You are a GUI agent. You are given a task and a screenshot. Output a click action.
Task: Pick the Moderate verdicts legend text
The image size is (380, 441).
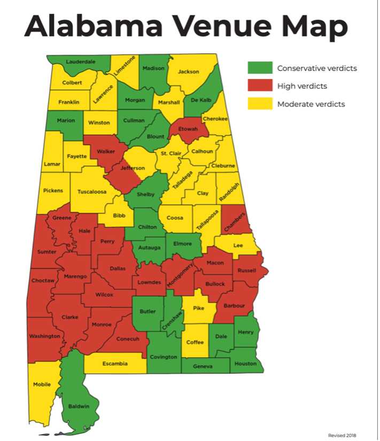(x=311, y=104)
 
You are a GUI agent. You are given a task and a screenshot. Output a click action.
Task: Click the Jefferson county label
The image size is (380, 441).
(x=133, y=168)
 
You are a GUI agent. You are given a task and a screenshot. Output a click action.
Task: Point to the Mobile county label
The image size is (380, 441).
(x=42, y=384)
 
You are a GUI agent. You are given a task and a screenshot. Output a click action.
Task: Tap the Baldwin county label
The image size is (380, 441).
(x=79, y=406)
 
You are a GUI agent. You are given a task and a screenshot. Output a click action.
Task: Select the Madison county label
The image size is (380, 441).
(x=153, y=68)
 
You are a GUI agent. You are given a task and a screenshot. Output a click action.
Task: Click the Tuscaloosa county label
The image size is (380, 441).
(x=91, y=191)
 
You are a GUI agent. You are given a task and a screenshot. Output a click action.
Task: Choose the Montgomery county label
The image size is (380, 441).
(x=180, y=273)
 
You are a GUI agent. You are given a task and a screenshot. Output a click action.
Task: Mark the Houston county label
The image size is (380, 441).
(x=246, y=363)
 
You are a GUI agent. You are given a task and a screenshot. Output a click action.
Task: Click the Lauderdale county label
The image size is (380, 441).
(x=80, y=61)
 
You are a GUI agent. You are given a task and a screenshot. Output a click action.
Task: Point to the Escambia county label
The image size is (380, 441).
(x=114, y=363)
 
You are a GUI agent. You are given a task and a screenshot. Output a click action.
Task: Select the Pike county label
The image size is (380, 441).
(x=198, y=308)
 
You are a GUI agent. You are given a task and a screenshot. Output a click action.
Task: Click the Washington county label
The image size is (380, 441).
(x=45, y=336)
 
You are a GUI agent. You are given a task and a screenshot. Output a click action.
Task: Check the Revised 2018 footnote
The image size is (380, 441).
(x=343, y=435)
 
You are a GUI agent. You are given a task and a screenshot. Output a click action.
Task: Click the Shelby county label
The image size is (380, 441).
(x=146, y=195)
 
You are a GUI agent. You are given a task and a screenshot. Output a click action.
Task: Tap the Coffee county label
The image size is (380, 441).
(x=195, y=342)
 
